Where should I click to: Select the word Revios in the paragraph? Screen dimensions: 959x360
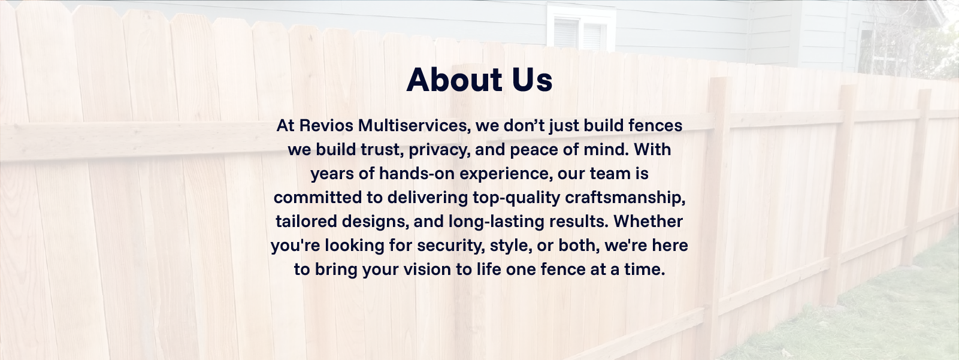click(326, 125)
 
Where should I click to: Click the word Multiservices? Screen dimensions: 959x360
click(414, 126)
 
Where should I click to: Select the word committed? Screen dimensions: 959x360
click(317, 198)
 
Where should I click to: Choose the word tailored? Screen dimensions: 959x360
click(306, 222)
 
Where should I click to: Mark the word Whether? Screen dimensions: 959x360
click(648, 221)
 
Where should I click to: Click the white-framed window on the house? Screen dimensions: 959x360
click(581, 27)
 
